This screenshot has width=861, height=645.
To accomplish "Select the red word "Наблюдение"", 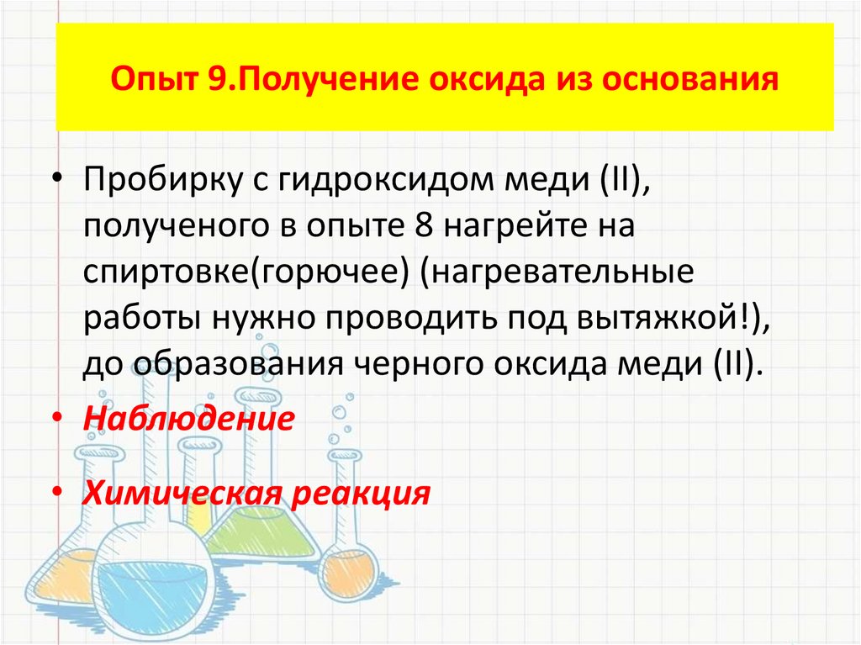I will pos(188,418).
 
